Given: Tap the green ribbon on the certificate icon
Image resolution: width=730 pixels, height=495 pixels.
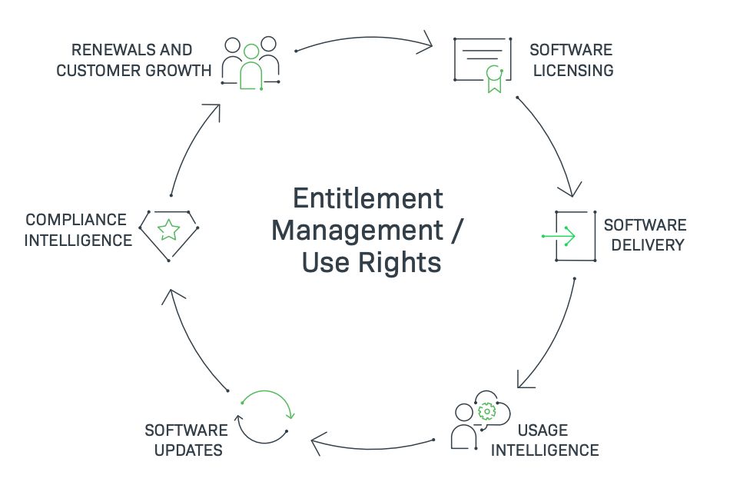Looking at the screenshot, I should tap(493, 79).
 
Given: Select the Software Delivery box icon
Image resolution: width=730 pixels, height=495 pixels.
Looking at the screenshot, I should tap(575, 235).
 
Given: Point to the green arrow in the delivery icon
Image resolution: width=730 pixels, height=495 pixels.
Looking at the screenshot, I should tap(559, 235).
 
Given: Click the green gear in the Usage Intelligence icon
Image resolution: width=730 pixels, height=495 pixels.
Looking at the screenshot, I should tap(486, 413).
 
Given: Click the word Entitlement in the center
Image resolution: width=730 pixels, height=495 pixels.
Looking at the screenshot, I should tap(368, 198).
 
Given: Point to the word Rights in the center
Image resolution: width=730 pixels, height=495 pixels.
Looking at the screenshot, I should tap(403, 263).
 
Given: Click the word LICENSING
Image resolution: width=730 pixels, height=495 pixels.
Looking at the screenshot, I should tap(571, 71).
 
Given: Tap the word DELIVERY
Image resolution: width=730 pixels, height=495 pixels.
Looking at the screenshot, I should tap(643, 245).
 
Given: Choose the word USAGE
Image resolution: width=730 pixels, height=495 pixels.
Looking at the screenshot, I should tap(542, 430).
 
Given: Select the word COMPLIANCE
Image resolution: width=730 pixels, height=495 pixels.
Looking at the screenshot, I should tap(76, 221).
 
